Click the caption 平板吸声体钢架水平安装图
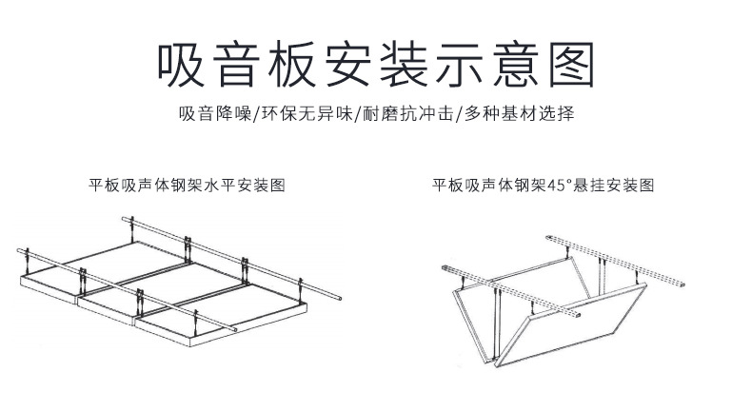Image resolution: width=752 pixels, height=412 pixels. pyautogui.click(x=187, y=185)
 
